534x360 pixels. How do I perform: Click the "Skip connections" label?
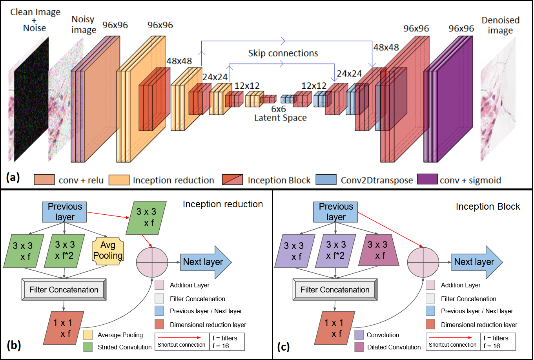click(x=283, y=53)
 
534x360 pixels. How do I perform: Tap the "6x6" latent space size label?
click(x=279, y=109)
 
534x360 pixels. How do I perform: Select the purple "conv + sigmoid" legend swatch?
click(x=426, y=179)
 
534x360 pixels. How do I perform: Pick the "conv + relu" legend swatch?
click(x=44, y=179)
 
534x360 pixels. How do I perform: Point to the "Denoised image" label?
click(x=500, y=25)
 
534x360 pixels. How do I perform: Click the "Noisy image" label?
click(x=84, y=25)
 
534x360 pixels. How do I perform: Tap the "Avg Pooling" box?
click(x=108, y=251)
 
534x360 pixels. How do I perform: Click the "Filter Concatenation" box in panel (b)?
click(x=64, y=290)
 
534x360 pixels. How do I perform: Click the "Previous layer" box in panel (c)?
click(x=336, y=212)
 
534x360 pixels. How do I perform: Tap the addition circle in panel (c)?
click(x=423, y=262)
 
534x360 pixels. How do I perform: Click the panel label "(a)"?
click(x=13, y=178)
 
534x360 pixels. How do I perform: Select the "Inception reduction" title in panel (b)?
click(x=223, y=204)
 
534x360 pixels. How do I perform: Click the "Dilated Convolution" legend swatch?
click(x=359, y=347)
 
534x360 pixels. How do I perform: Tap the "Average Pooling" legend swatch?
click(x=88, y=335)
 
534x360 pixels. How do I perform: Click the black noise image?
click(x=31, y=98)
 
